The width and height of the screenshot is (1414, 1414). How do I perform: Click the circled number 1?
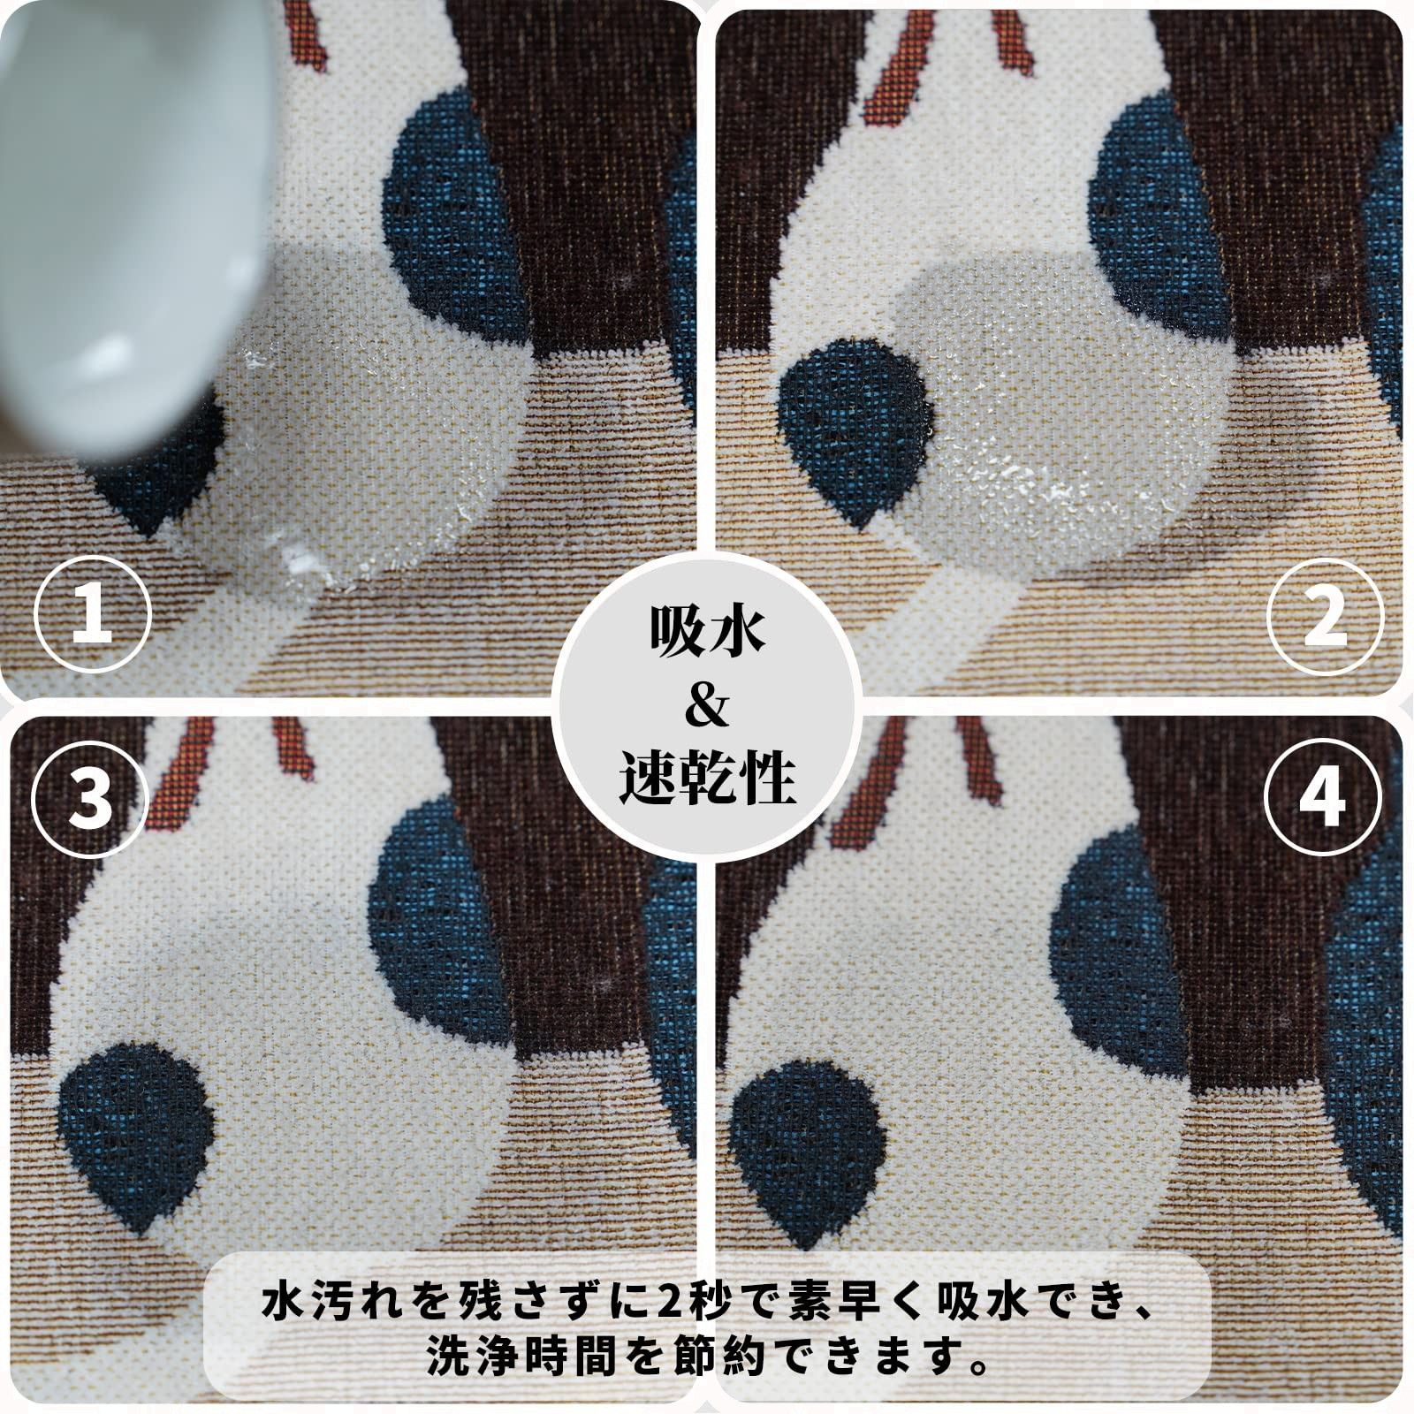[93, 613]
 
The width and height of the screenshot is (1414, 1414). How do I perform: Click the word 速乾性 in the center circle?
[707, 777]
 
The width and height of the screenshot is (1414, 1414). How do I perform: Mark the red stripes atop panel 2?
[946, 62]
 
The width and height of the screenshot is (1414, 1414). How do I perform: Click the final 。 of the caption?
[976, 1368]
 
